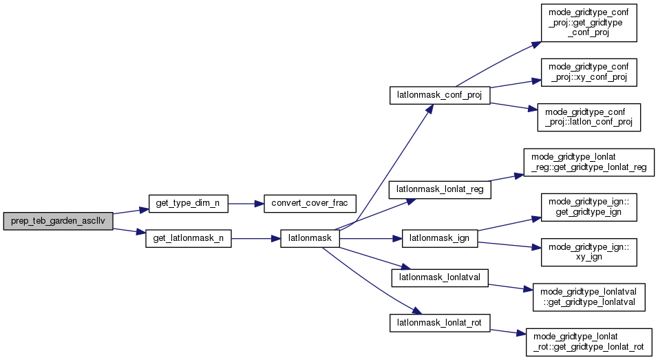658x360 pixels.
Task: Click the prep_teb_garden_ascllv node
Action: point(58,222)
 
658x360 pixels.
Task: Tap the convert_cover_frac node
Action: point(309,204)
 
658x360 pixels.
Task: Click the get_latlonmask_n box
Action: point(189,239)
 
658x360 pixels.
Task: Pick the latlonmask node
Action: point(310,239)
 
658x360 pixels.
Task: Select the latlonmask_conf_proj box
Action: point(439,94)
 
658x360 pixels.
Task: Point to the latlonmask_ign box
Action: point(439,239)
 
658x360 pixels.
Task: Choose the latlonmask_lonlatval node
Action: point(439,277)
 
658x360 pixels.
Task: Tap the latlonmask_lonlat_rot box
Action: point(439,321)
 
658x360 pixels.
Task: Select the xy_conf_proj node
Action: point(588,72)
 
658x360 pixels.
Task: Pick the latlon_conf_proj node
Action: point(588,118)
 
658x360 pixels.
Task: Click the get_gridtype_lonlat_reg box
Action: point(588,163)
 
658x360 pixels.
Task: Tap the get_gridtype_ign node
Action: point(588,208)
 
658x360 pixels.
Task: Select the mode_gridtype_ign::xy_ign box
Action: point(588,253)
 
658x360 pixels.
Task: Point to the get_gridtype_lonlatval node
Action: point(588,297)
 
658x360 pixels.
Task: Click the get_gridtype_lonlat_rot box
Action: point(588,342)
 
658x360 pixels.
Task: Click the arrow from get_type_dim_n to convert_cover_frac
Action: point(245,204)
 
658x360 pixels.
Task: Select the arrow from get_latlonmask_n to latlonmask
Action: point(255,239)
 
